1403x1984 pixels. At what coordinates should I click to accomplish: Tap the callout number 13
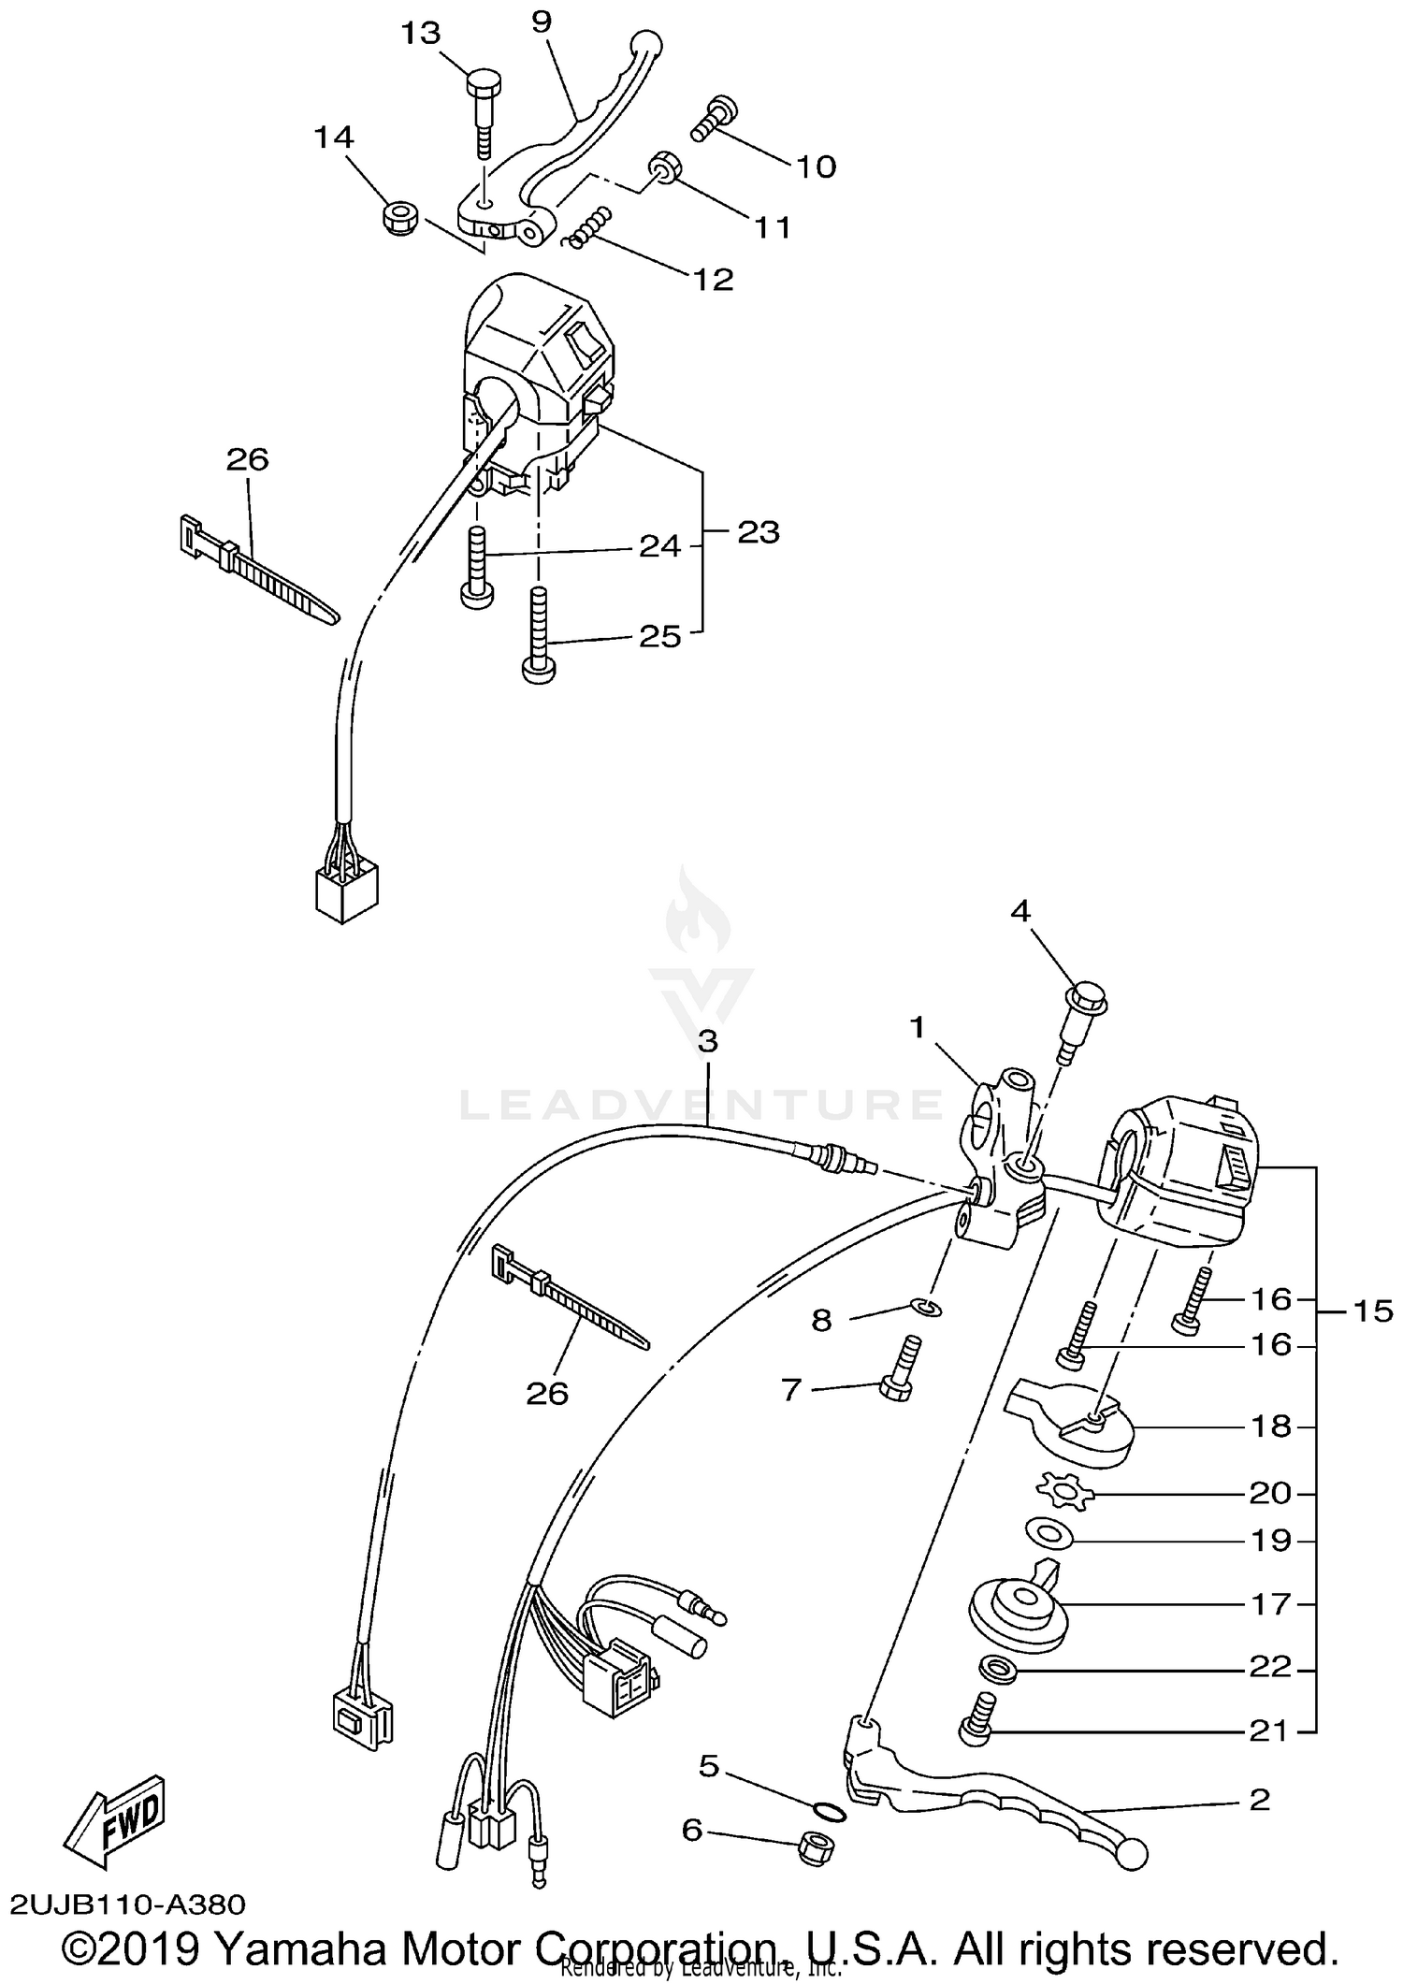coord(420,35)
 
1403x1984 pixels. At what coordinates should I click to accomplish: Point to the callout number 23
coord(758,532)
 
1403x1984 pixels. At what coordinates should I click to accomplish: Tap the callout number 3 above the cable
coord(707,1041)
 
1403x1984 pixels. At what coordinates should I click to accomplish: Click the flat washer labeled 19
coord(1047,1533)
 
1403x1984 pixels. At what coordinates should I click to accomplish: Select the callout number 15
coord(1373,1312)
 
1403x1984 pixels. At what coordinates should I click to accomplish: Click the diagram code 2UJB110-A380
coord(128,1904)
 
